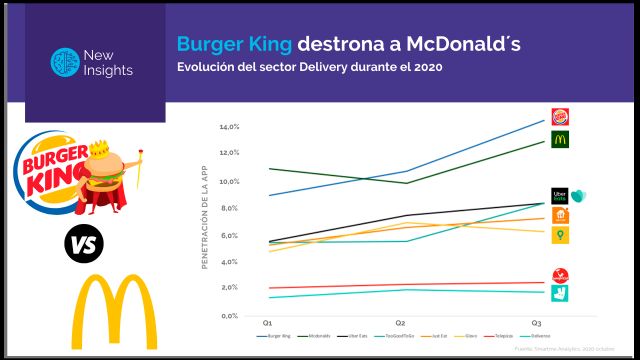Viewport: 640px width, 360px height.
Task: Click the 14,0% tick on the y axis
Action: (x=229, y=128)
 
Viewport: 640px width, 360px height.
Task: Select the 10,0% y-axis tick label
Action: (x=229, y=182)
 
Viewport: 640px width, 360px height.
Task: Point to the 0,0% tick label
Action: (x=229, y=316)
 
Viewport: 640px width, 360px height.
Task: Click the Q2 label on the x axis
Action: (x=400, y=324)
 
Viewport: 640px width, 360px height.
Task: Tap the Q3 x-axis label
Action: (x=537, y=324)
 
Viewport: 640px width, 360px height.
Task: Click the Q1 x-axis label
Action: (x=268, y=324)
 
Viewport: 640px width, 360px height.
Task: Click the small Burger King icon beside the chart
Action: (x=561, y=117)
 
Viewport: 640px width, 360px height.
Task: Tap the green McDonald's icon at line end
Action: (x=561, y=140)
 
